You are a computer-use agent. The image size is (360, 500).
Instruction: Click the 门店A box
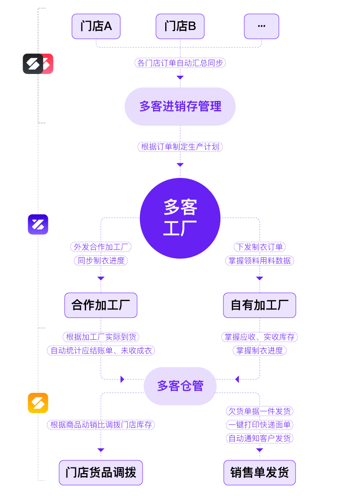tap(96, 27)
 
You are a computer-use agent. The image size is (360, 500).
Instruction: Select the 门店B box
tap(180, 27)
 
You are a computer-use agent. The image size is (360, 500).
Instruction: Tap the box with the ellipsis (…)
tap(261, 27)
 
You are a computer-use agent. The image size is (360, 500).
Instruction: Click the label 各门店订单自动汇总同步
tap(180, 63)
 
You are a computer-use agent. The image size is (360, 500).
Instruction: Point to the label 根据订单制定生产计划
tap(180, 147)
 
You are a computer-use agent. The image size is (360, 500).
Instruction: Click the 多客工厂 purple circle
tap(180, 218)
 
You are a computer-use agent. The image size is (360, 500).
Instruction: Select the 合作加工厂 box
tap(101, 305)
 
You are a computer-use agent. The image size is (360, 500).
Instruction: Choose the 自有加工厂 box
tap(260, 305)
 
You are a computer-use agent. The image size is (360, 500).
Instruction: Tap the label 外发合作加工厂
tap(101, 247)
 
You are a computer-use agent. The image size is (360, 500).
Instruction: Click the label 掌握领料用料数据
tap(260, 261)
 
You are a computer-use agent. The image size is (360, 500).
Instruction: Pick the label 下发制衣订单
tap(260, 247)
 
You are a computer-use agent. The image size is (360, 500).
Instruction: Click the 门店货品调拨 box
tap(101, 473)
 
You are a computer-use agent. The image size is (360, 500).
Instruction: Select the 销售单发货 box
tap(260, 473)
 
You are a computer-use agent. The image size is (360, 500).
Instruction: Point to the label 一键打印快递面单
tap(260, 425)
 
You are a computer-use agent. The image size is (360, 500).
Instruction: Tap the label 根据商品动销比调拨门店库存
tap(101, 425)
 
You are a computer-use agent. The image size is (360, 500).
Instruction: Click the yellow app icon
tap(38, 403)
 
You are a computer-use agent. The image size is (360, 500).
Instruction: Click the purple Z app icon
tap(38, 225)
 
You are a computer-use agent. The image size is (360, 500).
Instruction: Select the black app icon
tap(33, 64)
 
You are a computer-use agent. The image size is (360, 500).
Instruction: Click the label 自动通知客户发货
tap(260, 438)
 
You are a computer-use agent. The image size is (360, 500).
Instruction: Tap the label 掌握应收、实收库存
tap(260, 337)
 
